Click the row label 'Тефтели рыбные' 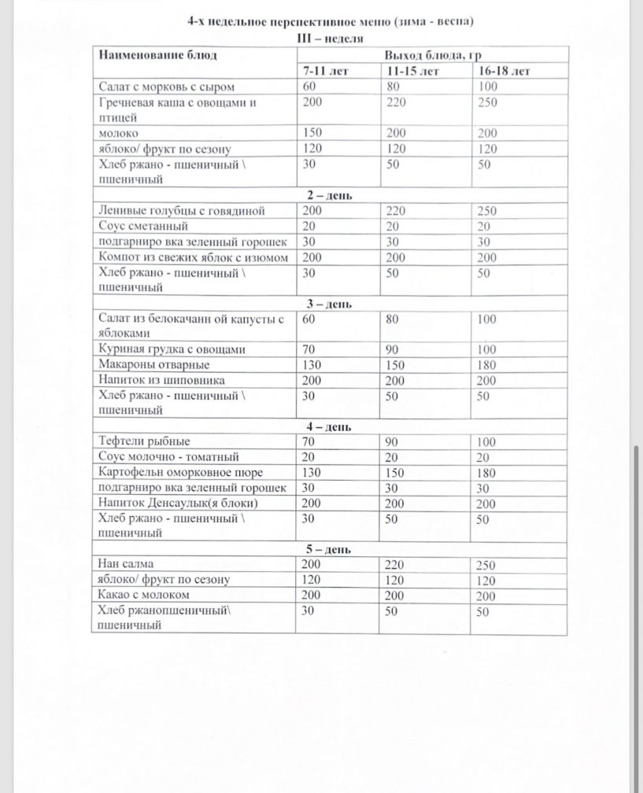click(x=141, y=441)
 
